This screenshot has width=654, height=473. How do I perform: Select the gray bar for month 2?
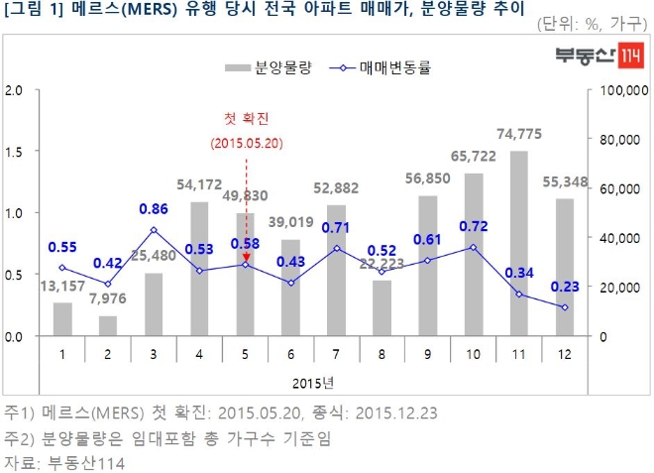[108, 326]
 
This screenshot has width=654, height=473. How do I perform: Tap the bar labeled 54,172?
[198, 269]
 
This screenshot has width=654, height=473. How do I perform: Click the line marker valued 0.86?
[154, 230]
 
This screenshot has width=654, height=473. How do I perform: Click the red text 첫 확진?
[246, 119]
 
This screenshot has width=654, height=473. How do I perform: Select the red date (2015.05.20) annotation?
[246, 143]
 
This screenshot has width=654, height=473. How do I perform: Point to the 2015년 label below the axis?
[312, 383]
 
